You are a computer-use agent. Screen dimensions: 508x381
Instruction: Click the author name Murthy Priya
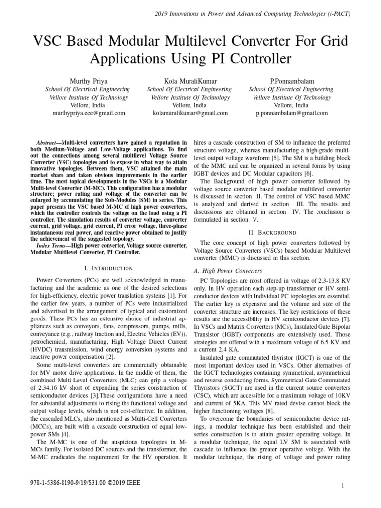[x=88, y=81]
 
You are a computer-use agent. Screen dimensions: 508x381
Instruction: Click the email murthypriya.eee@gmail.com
[x=88, y=113]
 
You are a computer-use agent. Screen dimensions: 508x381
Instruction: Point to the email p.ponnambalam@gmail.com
[x=292, y=113]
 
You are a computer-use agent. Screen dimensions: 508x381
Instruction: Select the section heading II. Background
[x=272, y=232]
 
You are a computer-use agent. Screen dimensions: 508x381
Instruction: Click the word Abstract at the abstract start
[x=49, y=142]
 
